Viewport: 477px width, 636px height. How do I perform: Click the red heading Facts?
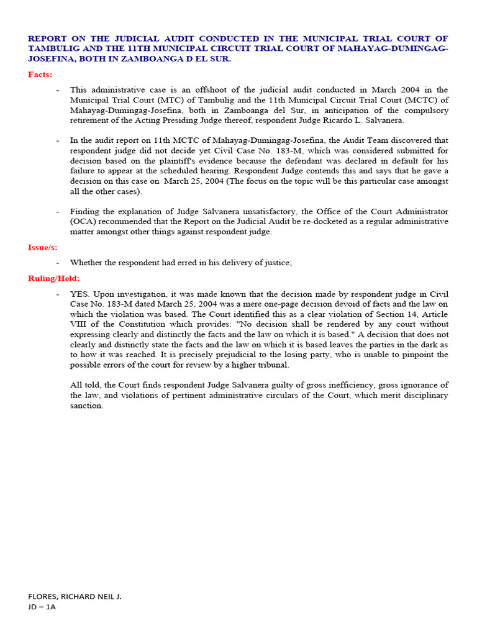coord(40,75)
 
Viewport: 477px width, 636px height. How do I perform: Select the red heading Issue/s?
coord(43,247)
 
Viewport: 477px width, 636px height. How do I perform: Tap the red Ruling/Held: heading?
coord(54,278)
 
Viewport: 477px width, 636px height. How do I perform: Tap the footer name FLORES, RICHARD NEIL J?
coord(75,596)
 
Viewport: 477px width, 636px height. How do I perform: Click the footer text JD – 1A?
coord(42,607)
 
